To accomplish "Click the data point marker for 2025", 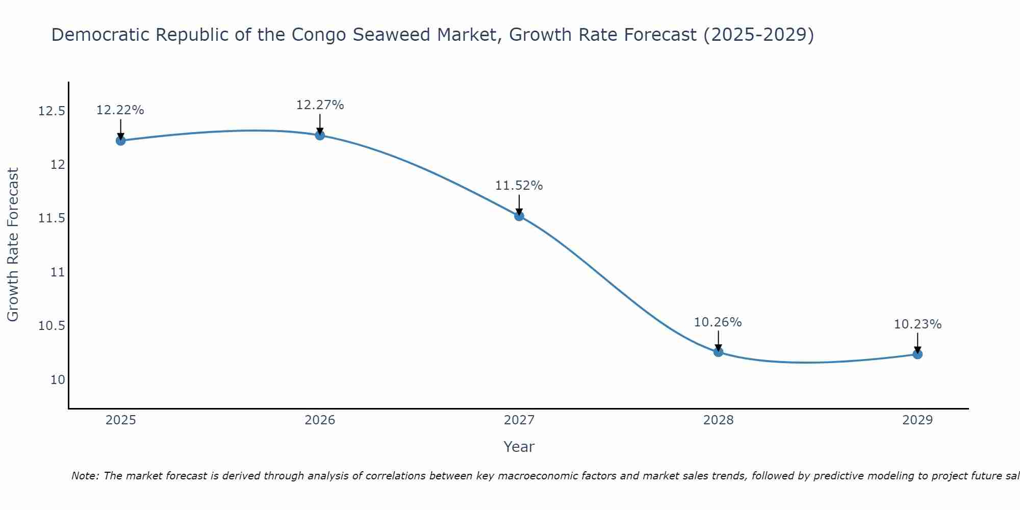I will (121, 140).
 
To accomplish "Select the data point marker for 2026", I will (320, 135).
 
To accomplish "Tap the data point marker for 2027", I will (519, 216).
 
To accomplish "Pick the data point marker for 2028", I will (718, 351).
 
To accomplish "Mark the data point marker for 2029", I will (917, 354).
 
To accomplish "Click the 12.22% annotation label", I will (120, 110).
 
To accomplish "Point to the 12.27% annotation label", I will (320, 105).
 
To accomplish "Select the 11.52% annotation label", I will (519, 186).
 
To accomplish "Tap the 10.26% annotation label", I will (718, 322).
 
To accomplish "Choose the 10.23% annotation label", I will (917, 324).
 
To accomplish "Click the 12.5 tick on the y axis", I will (52, 111).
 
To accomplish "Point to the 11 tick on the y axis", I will (58, 272).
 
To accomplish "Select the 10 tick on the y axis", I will (58, 380).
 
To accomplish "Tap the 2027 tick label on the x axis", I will (519, 420).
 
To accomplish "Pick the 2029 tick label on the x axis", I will (917, 420).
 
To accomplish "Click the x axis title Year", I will (519, 447).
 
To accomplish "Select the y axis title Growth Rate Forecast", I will (13, 245).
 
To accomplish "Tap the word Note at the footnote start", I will (85, 476).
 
